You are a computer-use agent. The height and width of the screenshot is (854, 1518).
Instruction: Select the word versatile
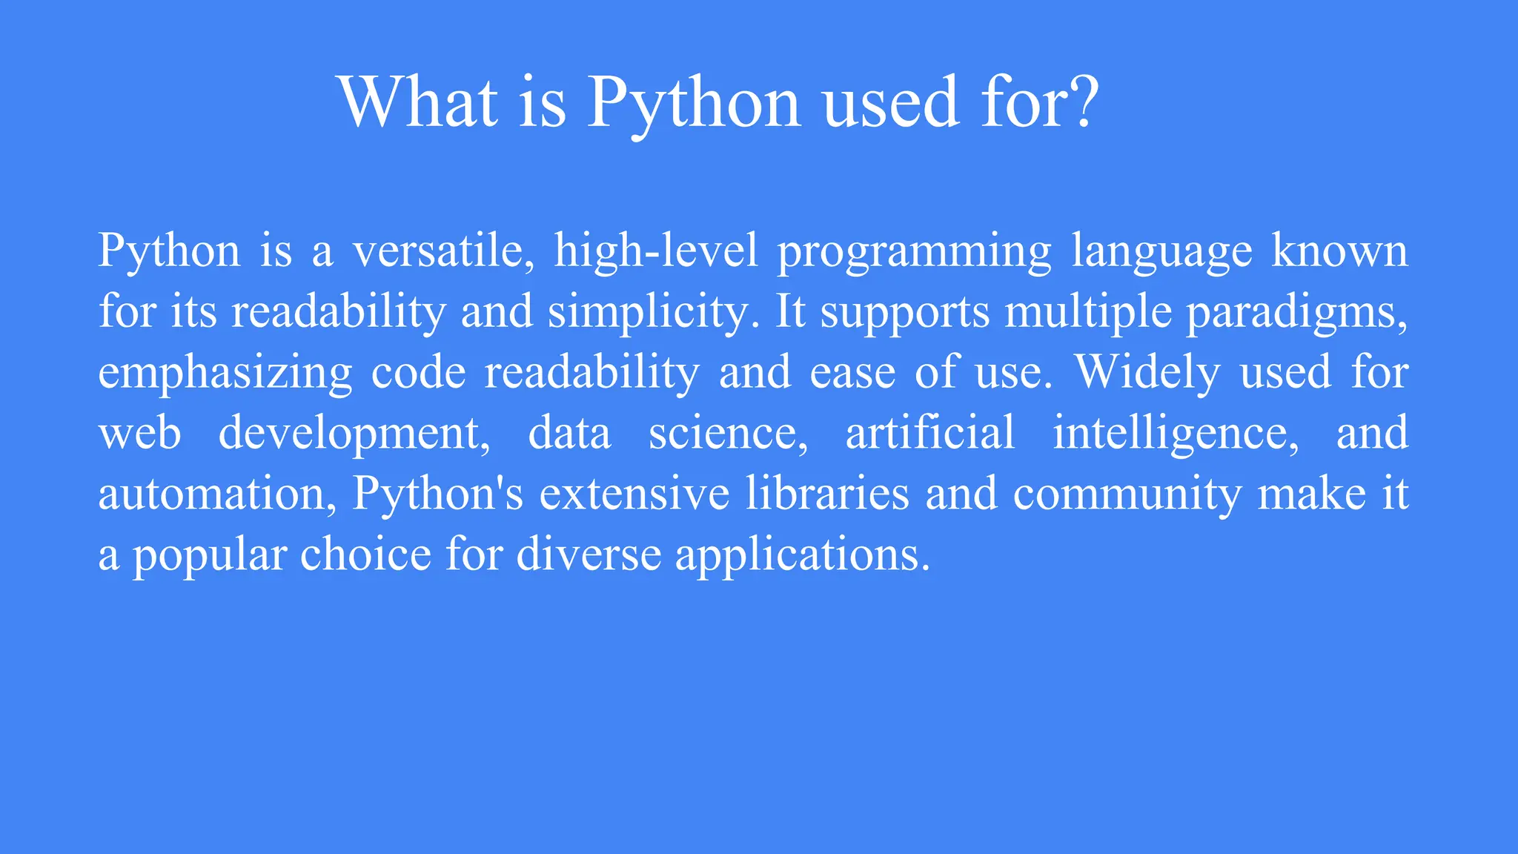pyautogui.click(x=443, y=251)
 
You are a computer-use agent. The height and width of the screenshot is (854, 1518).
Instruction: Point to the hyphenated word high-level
pyautogui.click(x=657, y=251)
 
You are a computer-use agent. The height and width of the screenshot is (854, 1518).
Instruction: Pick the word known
pyautogui.click(x=1339, y=251)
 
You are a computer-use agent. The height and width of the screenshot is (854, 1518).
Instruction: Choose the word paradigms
pyautogui.click(x=1296, y=312)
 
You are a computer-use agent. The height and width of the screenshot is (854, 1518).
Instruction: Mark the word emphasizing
pyautogui.click(x=225, y=373)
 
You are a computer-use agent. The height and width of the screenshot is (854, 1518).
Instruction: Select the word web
pyautogui.click(x=140, y=433)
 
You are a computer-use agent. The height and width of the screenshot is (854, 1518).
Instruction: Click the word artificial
pyautogui.click(x=930, y=433)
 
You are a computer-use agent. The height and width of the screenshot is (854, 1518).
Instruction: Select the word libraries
pyautogui.click(x=827, y=494)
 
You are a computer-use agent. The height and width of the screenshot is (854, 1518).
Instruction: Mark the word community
pyautogui.click(x=1127, y=494)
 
